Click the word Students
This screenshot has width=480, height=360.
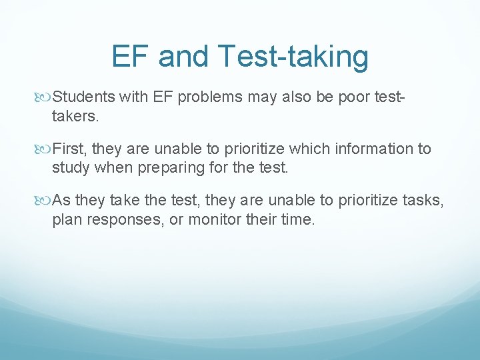[85, 98]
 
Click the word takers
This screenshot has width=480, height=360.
[75, 117]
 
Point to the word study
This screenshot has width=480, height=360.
[71, 167]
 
